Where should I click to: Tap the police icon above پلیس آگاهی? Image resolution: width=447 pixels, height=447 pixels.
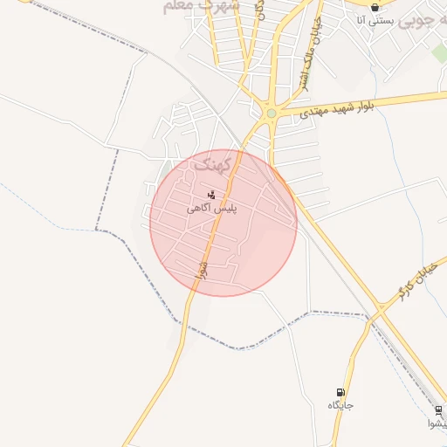(x=210, y=194)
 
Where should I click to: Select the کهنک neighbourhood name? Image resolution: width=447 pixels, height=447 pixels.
(x=213, y=163)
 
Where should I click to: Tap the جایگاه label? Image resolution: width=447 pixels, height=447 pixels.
(x=340, y=405)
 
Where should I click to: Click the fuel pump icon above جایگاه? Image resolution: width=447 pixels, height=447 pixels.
(x=340, y=392)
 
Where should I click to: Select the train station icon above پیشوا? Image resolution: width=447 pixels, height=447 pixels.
(x=438, y=409)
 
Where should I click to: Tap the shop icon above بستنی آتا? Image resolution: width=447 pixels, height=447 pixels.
(x=375, y=7)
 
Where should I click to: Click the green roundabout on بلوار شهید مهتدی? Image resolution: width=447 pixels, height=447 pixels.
(x=272, y=113)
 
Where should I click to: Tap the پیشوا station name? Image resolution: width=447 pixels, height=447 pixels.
(x=437, y=424)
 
